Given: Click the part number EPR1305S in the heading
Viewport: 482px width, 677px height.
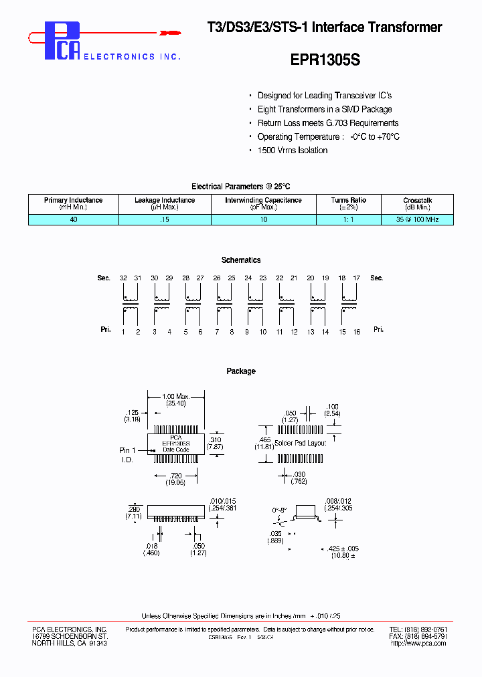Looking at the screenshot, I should coord(325,60).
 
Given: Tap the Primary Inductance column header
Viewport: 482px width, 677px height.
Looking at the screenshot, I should coord(74,203).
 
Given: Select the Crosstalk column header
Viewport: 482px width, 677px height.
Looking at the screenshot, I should coord(418,203).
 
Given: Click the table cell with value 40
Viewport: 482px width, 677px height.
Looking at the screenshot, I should coord(74,219).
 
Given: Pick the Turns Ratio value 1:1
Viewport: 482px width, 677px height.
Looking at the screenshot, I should coord(348,219).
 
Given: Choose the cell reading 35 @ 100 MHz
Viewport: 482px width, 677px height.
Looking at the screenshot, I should coord(418,219).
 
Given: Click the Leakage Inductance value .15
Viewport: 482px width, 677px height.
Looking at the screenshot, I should coord(165,219).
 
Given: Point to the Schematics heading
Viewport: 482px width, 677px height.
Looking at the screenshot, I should coord(241,260).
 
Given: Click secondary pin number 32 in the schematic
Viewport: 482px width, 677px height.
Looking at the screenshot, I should coord(123,278).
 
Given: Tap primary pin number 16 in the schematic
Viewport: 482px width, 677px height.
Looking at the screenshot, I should coord(357,332).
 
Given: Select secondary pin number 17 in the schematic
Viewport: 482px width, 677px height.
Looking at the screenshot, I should coord(357,278).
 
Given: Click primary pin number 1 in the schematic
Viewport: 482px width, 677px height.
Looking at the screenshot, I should coord(123,332).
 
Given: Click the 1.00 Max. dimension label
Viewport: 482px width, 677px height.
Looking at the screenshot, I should coord(176,397).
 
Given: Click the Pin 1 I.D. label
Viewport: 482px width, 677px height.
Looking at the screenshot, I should coord(128,455).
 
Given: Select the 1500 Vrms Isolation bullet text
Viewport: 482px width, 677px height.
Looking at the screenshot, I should coord(293,151).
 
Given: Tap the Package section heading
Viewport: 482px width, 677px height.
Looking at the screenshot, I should coord(241,371).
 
